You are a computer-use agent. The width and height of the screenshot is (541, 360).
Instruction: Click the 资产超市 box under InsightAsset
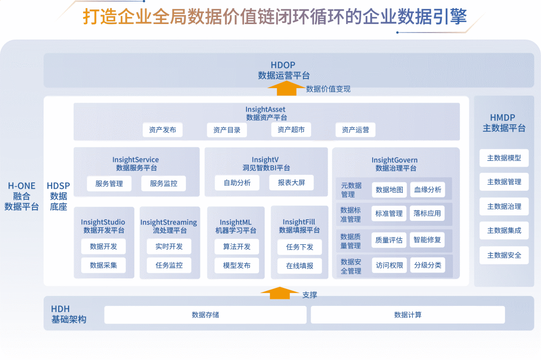[x=291, y=130]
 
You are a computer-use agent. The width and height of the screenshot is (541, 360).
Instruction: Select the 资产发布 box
[x=162, y=130]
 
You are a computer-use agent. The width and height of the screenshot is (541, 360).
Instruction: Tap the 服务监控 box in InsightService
[x=163, y=183]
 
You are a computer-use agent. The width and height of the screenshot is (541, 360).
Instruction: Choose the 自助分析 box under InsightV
[x=237, y=183]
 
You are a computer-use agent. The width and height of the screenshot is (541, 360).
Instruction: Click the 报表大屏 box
[x=291, y=183]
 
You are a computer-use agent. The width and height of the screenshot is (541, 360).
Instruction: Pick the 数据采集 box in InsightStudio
[x=103, y=265]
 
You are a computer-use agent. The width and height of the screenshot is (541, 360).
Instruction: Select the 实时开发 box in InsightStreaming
[x=169, y=246]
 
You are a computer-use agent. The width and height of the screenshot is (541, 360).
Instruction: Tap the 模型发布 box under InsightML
[x=236, y=265]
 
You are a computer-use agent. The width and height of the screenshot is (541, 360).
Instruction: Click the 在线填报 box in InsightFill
[x=300, y=265]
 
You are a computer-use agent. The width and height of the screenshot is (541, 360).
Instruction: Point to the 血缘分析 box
[x=427, y=190]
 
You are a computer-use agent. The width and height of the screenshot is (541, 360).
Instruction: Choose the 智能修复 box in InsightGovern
[x=427, y=240]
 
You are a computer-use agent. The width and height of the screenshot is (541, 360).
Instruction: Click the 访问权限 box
[x=389, y=265]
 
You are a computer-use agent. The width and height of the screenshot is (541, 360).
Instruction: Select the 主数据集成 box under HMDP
[x=504, y=230]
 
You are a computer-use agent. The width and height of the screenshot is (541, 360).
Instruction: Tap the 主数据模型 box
[x=504, y=158]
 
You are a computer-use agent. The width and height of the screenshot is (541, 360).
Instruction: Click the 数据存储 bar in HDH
[x=205, y=315]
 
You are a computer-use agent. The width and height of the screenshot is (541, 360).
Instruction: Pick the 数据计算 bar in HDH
[x=408, y=315]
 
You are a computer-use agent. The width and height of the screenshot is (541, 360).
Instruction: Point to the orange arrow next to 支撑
[x=280, y=293]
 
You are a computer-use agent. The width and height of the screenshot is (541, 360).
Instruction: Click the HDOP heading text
[x=283, y=65]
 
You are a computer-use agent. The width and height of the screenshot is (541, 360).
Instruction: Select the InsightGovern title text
[x=395, y=160]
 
